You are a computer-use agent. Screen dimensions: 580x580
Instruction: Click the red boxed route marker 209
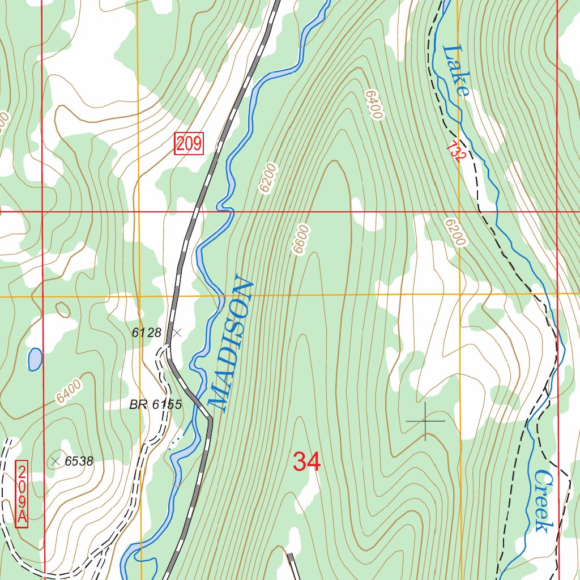point(189,144)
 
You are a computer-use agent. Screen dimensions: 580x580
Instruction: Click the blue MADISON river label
point(230,343)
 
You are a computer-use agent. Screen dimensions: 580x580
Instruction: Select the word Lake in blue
point(455,70)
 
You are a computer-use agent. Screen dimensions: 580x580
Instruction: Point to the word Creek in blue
point(543,501)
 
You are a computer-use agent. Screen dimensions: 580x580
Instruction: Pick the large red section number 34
point(306,462)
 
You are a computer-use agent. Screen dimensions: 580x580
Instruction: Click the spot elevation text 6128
point(147,333)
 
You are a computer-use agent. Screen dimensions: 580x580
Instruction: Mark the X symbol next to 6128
point(177,333)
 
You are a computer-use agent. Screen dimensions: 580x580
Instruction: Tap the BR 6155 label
point(155,404)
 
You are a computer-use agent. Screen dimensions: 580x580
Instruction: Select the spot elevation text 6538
point(78,462)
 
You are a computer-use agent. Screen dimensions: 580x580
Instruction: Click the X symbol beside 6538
point(55,461)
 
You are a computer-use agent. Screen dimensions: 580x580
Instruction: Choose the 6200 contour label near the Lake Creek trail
point(454,232)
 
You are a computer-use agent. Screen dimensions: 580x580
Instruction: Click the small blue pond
point(35,359)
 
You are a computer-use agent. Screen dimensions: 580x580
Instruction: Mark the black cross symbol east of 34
point(425,421)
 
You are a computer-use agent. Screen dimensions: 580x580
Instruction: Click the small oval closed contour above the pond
point(63,310)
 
